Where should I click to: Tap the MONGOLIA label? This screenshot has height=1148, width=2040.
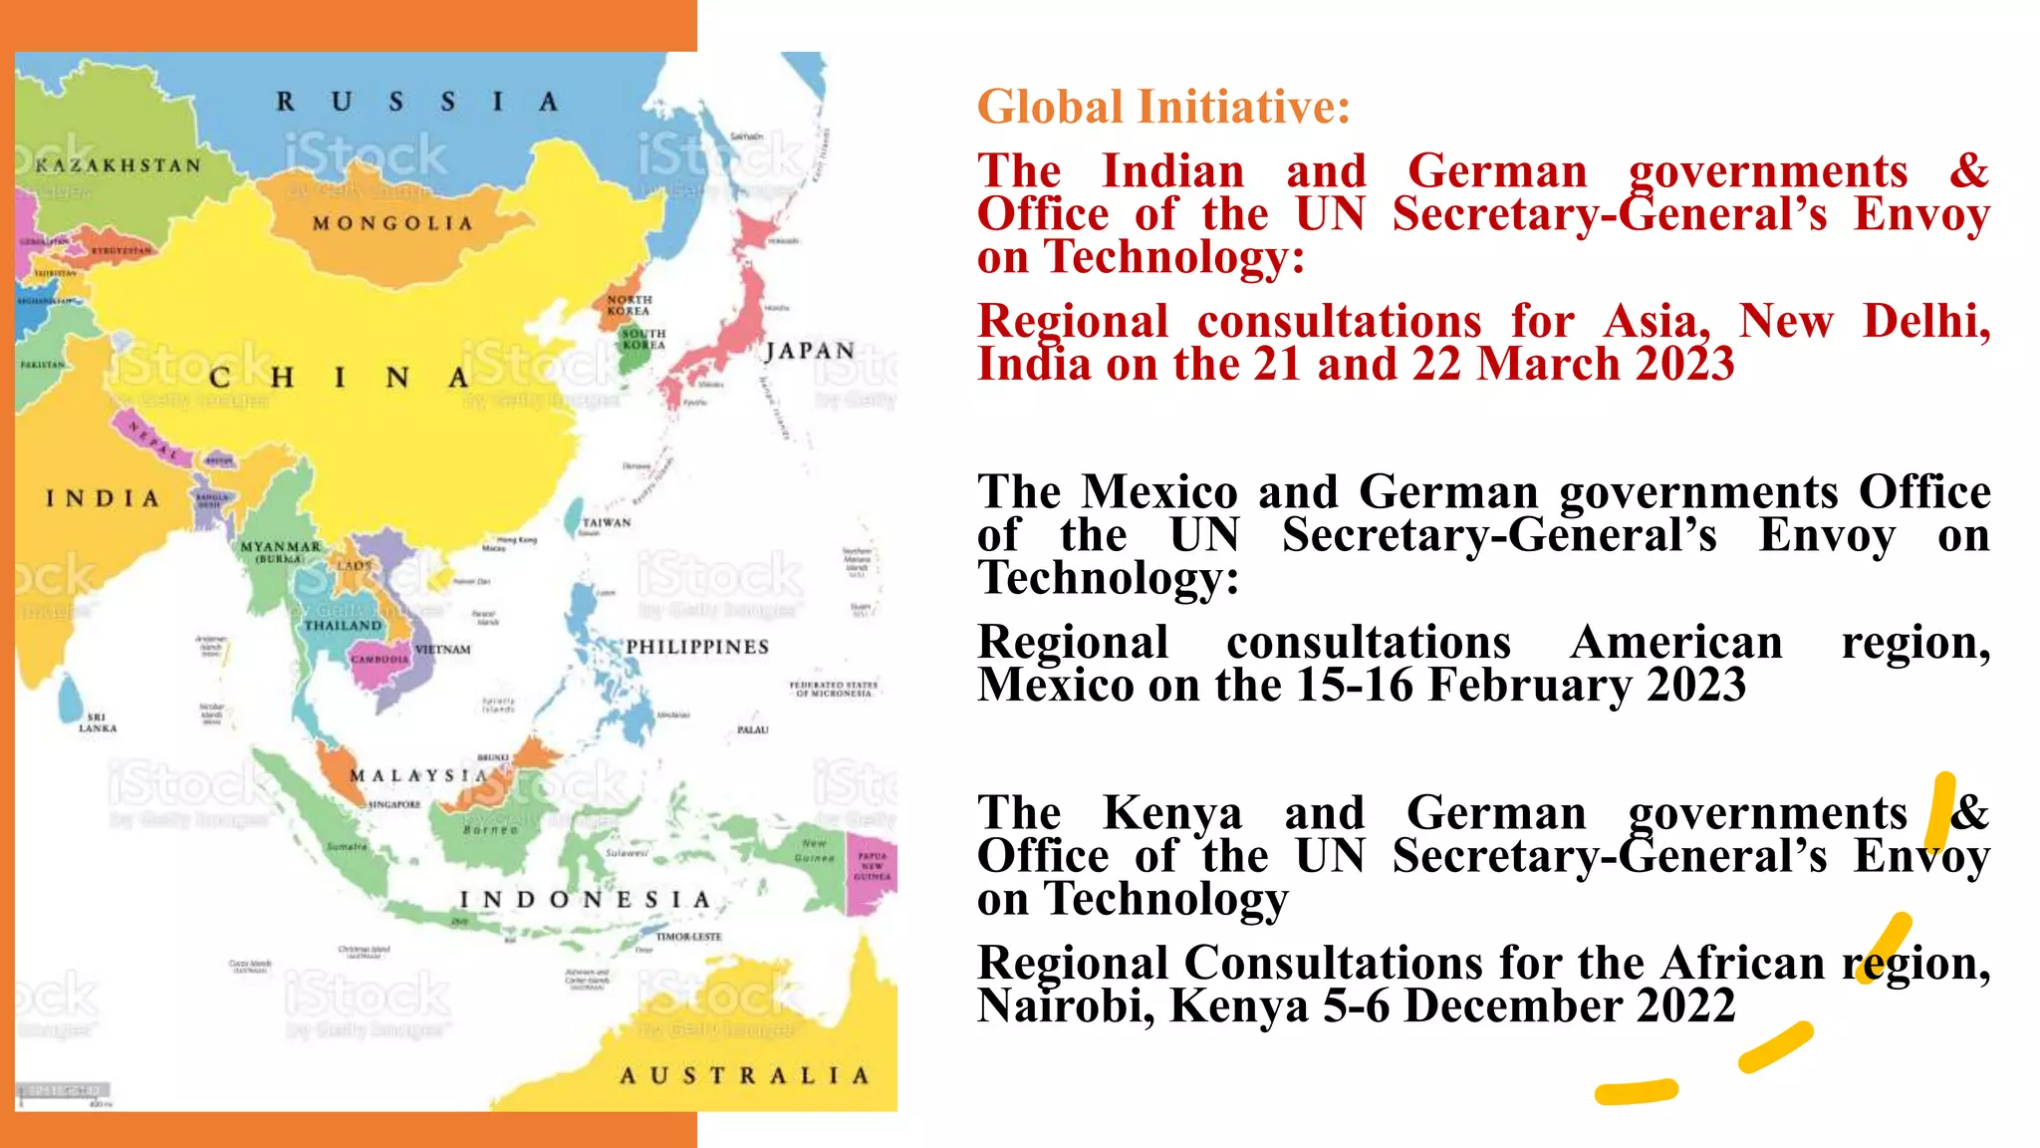(x=392, y=223)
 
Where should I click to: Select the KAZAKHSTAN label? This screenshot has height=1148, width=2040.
(x=118, y=165)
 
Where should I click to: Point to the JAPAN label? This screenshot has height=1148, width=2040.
(x=810, y=351)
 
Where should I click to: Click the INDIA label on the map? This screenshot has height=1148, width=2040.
(x=103, y=498)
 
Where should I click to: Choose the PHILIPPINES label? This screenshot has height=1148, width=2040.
(x=697, y=647)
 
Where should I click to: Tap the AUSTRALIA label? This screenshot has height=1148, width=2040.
(x=744, y=1075)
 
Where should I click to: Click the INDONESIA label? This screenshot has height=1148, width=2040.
(x=585, y=900)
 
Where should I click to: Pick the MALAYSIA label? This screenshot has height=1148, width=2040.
(x=418, y=775)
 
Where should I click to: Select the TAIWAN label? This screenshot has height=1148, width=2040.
(x=607, y=522)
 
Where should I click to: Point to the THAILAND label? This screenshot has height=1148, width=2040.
(x=343, y=625)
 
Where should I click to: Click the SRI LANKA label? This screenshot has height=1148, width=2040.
(x=98, y=722)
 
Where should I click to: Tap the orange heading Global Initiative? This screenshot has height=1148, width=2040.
(x=1163, y=107)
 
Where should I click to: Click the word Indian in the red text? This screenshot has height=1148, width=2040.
(x=1173, y=170)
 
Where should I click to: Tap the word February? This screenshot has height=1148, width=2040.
(x=1529, y=685)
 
